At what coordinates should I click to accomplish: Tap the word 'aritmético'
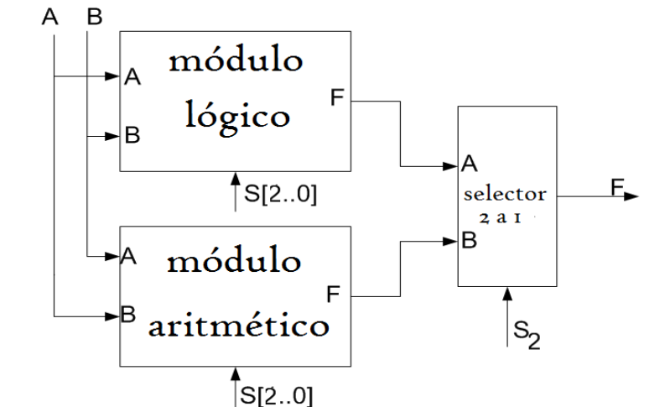click(239, 324)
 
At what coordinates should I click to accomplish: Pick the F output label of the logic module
click(336, 97)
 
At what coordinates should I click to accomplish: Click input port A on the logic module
click(132, 77)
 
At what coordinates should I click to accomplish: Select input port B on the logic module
click(132, 134)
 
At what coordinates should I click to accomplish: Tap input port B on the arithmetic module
click(129, 316)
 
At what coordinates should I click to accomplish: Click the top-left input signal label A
click(52, 18)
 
